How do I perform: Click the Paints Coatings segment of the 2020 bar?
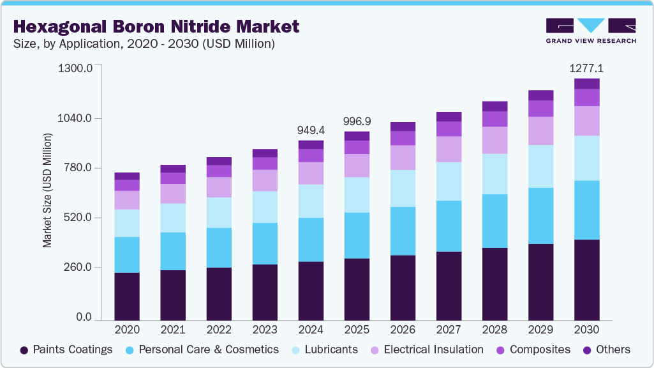click(x=127, y=296)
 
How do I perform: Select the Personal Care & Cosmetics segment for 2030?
click(x=586, y=210)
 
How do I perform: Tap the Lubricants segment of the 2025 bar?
click(x=357, y=195)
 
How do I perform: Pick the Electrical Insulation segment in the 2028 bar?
click(x=494, y=140)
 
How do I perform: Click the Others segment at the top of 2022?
click(x=219, y=161)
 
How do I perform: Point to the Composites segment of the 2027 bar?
click(x=449, y=128)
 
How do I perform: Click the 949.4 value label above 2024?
click(x=311, y=130)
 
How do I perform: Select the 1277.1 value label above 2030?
click(x=586, y=68)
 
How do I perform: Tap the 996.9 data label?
click(x=357, y=121)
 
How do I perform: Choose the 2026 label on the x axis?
click(x=403, y=330)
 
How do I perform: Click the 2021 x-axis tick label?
click(x=173, y=330)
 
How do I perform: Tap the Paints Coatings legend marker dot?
click(x=24, y=350)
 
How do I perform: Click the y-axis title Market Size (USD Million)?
click(x=47, y=190)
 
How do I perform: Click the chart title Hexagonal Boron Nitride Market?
click(x=156, y=27)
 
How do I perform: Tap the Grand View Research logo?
click(x=591, y=31)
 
